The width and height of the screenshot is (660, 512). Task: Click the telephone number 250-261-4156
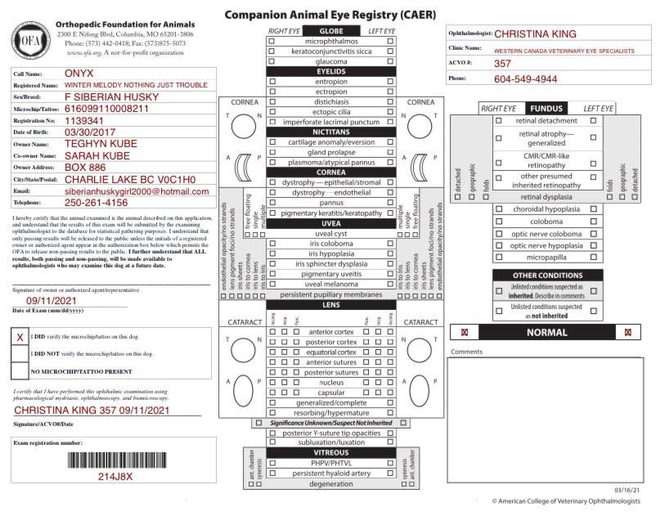pos(96,202)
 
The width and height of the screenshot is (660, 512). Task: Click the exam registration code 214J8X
pos(115,477)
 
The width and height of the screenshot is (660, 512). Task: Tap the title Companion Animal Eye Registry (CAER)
pos(330,15)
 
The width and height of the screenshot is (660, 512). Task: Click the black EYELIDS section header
pos(331,72)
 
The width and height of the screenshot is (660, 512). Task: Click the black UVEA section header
pos(331,222)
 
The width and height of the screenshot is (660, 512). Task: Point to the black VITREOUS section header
pos(331,452)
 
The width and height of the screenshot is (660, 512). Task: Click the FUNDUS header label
pos(546,108)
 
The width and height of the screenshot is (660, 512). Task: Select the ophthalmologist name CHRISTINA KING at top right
pos(537,34)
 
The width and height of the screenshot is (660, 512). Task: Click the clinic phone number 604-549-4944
pos(526,79)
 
